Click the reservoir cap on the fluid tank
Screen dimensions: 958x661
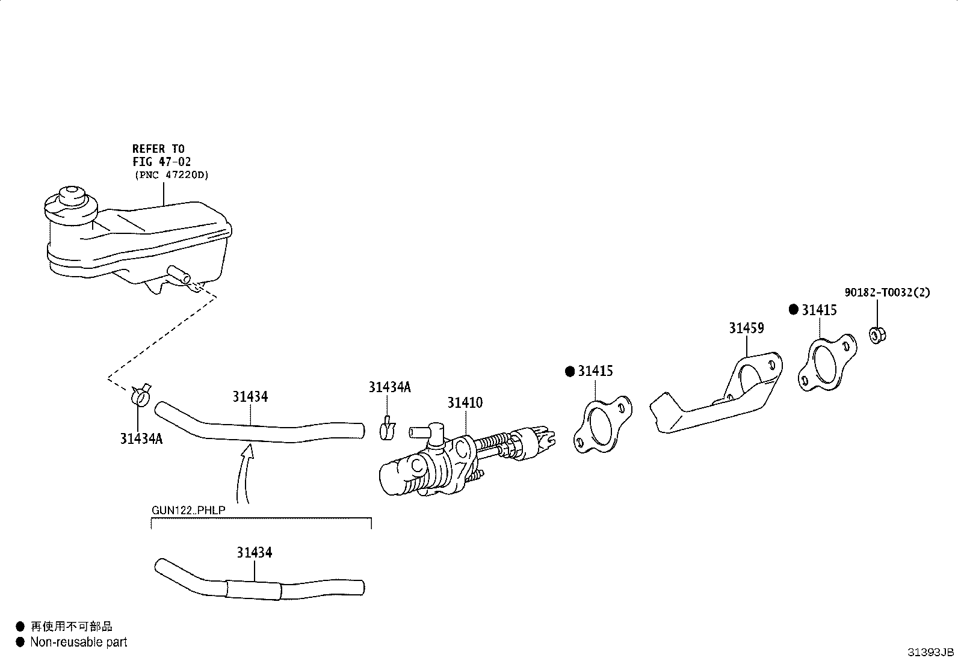click(x=71, y=205)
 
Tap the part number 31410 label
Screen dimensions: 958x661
click(x=465, y=403)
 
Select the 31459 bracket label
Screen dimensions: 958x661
click(x=746, y=328)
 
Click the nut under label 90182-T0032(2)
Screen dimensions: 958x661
click(x=877, y=335)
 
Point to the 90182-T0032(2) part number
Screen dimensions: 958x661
click(x=887, y=292)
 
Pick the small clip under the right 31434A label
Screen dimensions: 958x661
click(x=388, y=428)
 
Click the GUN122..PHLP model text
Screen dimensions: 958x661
click(x=188, y=510)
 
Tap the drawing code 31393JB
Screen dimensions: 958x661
click(x=931, y=652)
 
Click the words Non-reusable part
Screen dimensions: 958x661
click(x=79, y=642)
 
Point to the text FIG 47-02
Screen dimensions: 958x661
click(x=161, y=162)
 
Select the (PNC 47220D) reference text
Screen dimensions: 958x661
click(x=172, y=175)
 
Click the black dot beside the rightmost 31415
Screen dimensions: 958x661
click(x=793, y=310)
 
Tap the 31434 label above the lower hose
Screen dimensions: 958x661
click(x=255, y=552)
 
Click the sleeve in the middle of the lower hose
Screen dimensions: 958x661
click(x=253, y=590)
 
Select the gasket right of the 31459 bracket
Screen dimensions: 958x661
click(x=827, y=363)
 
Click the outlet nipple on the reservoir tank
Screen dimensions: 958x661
click(x=179, y=274)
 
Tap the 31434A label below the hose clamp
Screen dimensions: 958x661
click(x=141, y=438)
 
